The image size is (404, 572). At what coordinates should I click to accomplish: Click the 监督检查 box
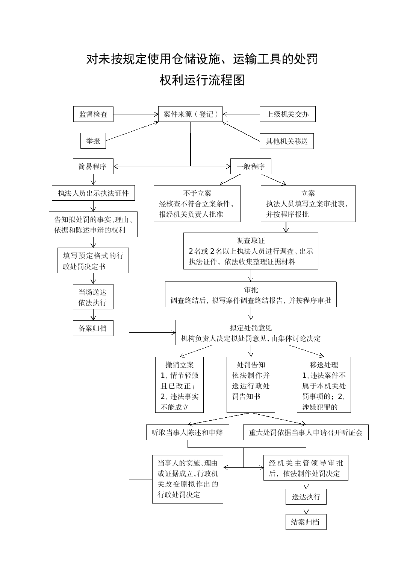pos(93,114)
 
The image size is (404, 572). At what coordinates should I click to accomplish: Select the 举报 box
pos(93,141)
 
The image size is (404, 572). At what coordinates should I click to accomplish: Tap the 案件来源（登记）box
pos(190,114)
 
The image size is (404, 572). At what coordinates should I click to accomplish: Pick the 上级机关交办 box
pos(287,114)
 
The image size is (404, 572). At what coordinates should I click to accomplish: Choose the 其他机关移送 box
pos(287,141)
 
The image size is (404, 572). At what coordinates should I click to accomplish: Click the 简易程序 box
pos(93,166)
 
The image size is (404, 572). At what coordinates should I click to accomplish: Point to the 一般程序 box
pos(251,166)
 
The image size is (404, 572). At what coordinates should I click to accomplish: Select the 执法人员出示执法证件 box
pos(93,193)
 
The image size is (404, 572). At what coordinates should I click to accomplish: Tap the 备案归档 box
pos(93,328)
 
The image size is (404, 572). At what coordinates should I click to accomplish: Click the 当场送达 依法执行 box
pos(93,297)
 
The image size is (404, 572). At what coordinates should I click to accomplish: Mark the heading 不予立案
pos(197,193)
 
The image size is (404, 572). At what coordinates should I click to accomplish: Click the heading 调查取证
pos(251,240)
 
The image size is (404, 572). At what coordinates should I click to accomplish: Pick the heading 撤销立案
pos(180,365)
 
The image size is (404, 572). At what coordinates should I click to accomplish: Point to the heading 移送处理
pos(324,365)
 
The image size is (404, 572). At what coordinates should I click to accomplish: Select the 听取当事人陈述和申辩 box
pos(188,432)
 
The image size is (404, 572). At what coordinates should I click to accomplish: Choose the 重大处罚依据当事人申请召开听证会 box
pos(306,432)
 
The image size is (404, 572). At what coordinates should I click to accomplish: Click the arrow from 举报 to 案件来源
pos(132,131)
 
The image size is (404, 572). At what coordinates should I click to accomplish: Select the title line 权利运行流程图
pos(202,80)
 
